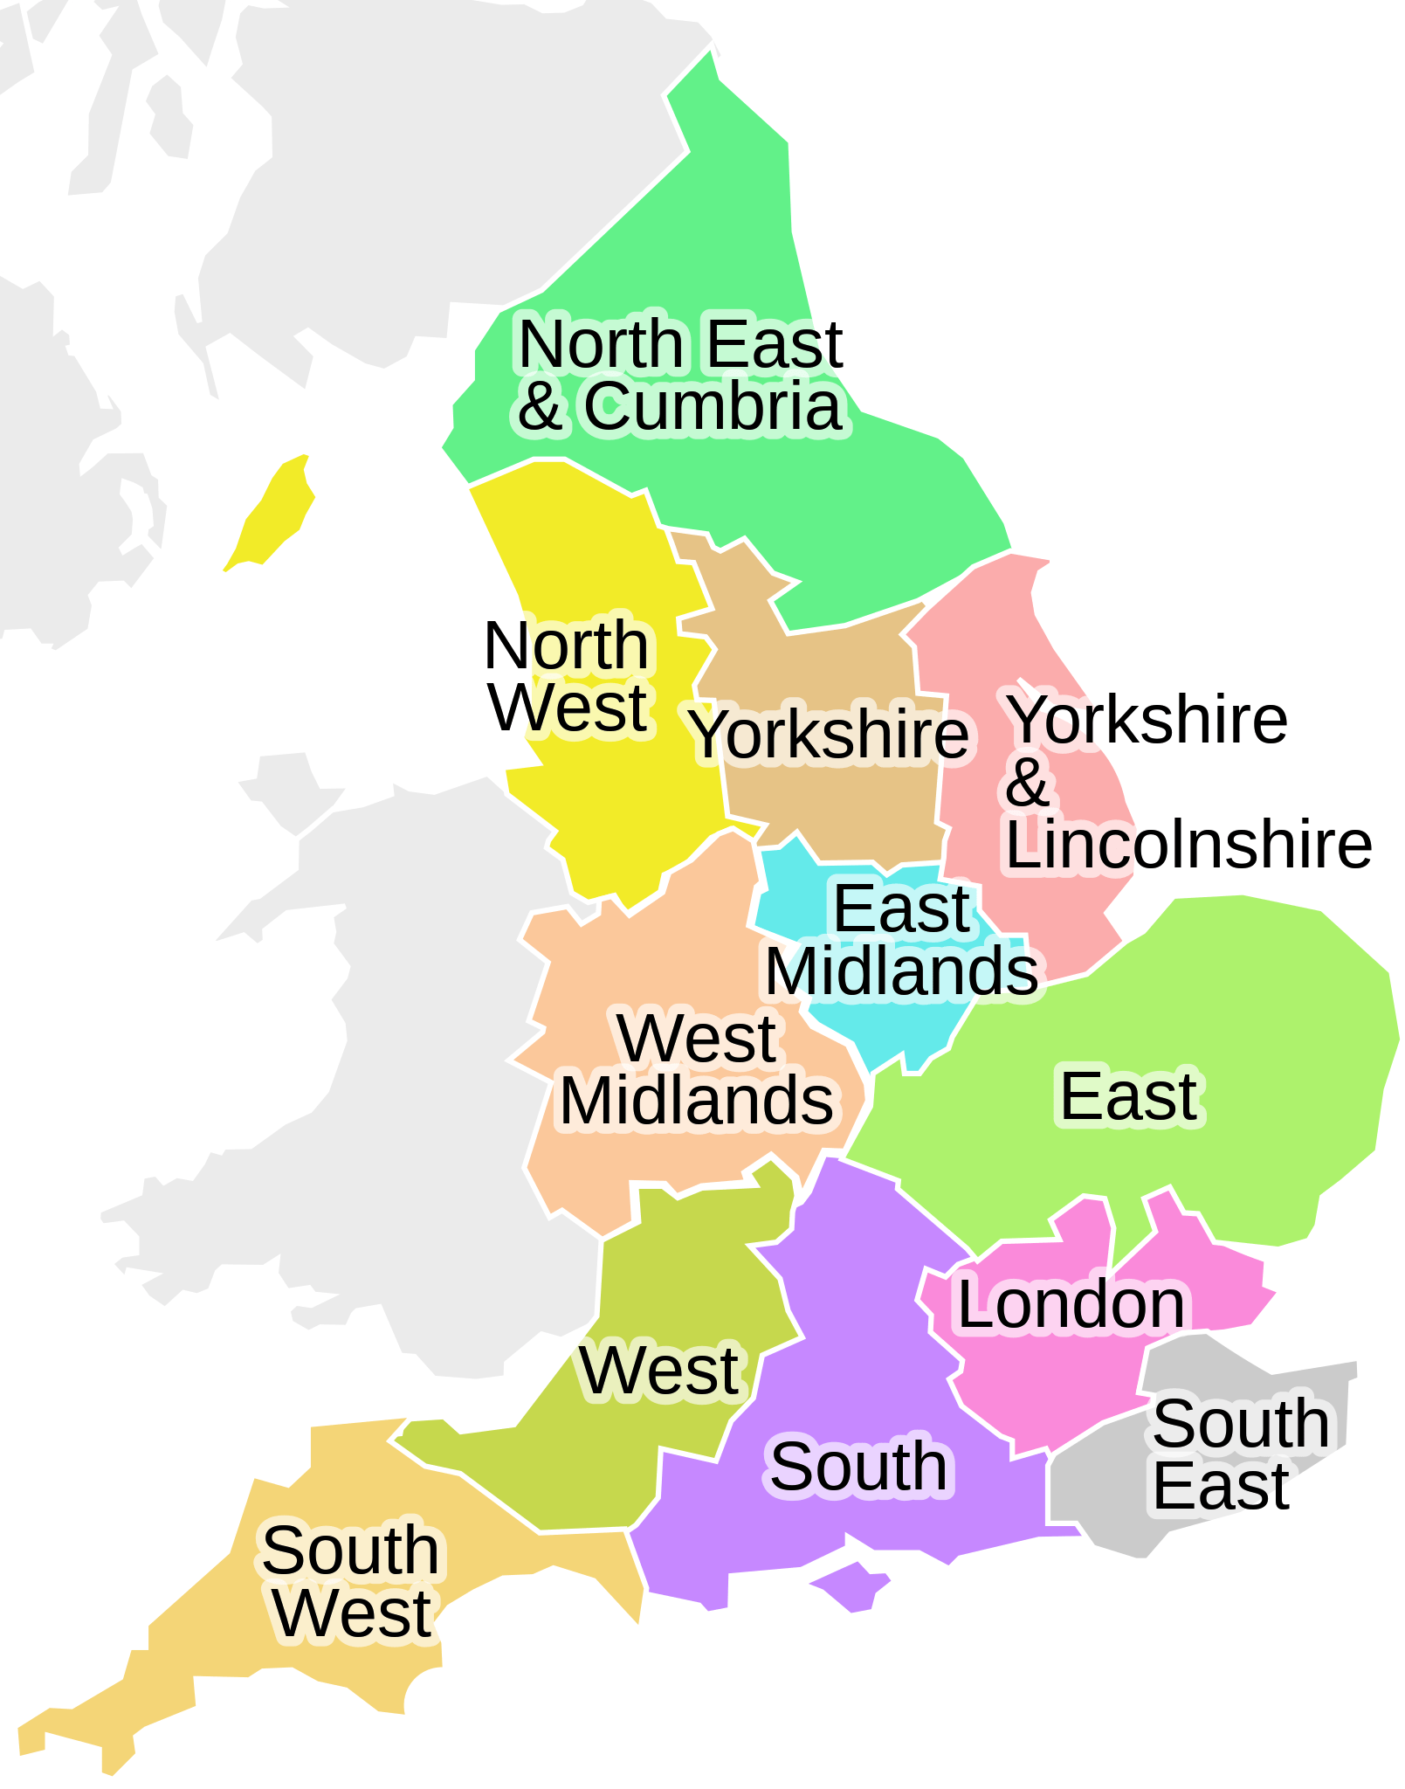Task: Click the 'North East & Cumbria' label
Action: coord(679,375)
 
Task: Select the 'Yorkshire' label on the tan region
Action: coord(829,735)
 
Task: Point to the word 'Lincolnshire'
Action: coord(1188,845)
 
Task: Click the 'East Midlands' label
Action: coord(901,940)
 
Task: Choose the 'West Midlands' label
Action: coord(697,1069)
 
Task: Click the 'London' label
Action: coord(1071,1304)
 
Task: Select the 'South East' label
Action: coord(1240,1454)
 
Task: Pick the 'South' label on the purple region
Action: coord(858,1467)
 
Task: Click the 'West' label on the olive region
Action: coord(659,1370)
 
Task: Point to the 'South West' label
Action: coord(351,1581)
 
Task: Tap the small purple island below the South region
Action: coord(852,1586)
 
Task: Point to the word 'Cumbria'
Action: coord(713,406)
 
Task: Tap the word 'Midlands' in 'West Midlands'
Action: coord(697,1101)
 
